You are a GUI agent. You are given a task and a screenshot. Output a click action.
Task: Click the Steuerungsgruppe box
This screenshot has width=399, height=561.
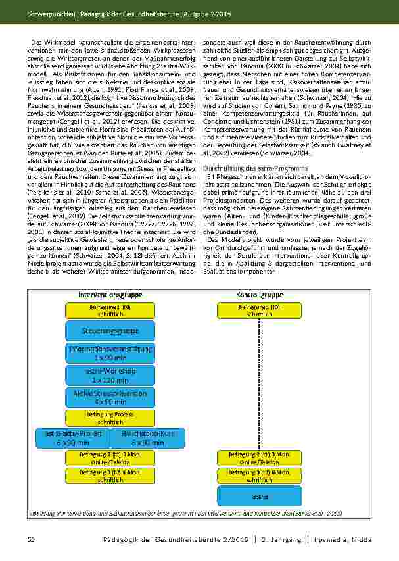point(110,330)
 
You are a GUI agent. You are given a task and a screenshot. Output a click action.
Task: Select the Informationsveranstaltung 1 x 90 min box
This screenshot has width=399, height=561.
point(110,353)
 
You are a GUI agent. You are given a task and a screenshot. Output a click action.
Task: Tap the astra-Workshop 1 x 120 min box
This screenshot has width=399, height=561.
point(110,376)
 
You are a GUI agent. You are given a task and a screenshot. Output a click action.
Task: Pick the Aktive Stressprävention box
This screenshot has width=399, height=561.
point(110,397)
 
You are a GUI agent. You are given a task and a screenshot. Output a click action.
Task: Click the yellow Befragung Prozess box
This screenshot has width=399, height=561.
point(110,418)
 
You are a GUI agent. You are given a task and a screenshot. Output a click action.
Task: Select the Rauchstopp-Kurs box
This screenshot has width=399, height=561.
point(148,438)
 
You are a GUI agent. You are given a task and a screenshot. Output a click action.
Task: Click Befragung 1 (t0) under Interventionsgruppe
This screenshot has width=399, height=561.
point(110,310)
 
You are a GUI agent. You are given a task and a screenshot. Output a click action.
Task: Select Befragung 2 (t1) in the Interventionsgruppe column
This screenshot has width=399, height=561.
point(110,458)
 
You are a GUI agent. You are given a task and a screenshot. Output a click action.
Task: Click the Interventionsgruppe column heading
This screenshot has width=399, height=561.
point(110,295)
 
